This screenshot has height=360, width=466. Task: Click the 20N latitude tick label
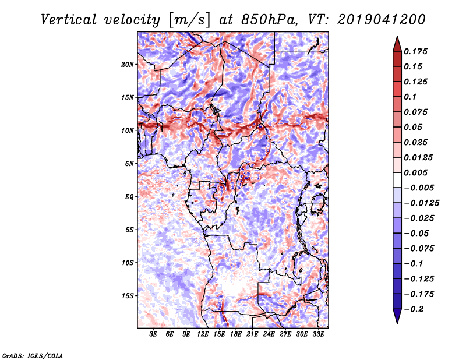click(128, 64)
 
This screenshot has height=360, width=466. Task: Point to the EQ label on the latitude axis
click(129, 197)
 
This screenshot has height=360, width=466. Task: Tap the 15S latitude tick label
click(128, 296)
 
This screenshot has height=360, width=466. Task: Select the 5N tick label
click(129, 164)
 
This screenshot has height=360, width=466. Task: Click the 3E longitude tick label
click(153, 335)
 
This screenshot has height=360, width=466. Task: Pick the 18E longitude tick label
click(236, 335)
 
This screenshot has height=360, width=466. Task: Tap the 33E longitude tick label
click(318, 335)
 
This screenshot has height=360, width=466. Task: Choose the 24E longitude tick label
click(269, 335)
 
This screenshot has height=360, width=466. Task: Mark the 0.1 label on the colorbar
click(411, 97)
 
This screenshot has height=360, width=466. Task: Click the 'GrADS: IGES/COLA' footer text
click(33, 355)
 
